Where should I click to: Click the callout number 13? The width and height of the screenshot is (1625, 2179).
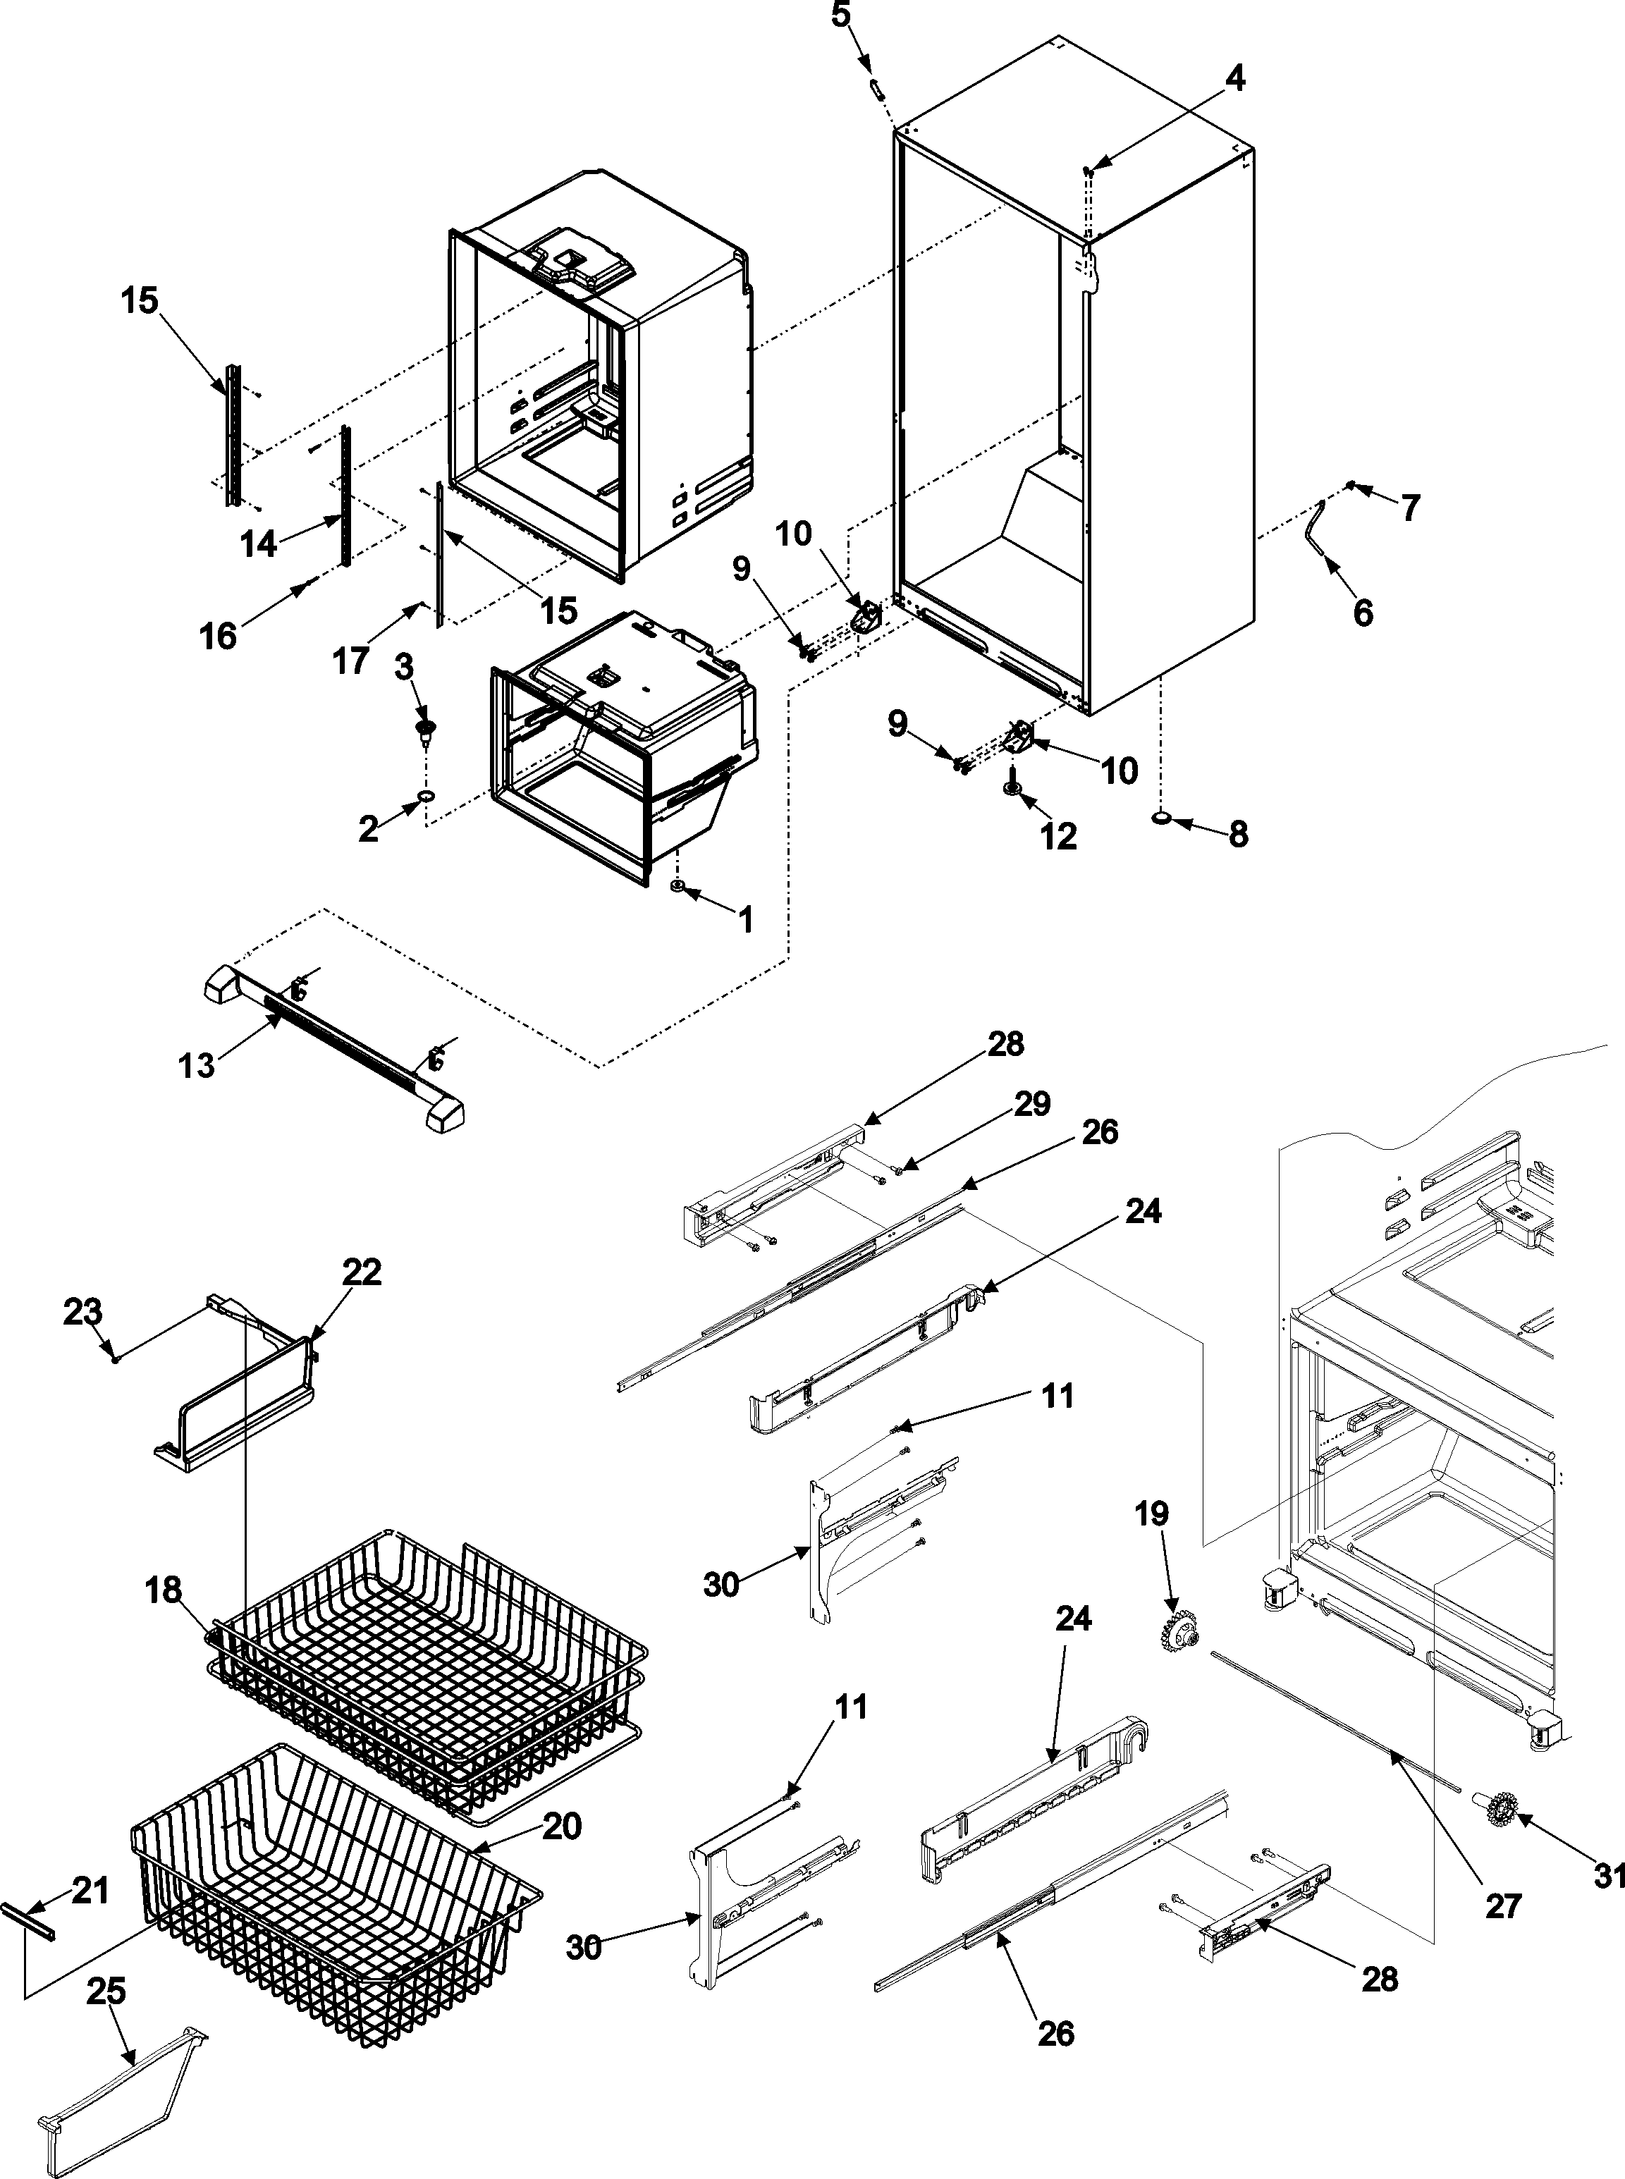click(x=197, y=1065)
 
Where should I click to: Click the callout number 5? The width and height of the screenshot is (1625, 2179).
click(x=841, y=17)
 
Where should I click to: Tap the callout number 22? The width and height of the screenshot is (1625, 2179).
click(x=361, y=1272)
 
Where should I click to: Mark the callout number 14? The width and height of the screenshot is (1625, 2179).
click(x=259, y=543)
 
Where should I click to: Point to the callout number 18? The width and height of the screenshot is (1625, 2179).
click(x=164, y=1590)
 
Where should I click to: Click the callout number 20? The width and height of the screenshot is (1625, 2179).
click(x=562, y=1826)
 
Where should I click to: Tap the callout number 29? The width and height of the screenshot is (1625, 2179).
click(x=1032, y=1104)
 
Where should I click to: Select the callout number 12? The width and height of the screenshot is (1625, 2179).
click(x=1058, y=836)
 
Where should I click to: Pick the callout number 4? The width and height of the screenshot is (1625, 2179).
click(x=1234, y=78)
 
